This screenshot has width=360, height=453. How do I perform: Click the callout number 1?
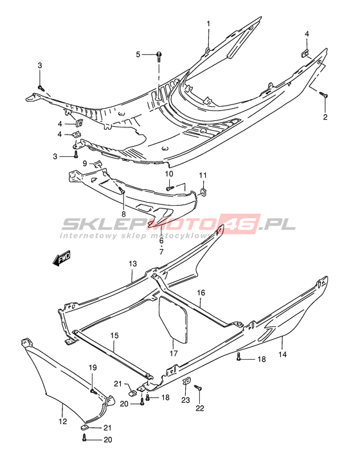[x=208, y=24]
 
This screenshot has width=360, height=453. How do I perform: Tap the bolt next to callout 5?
[x=159, y=57]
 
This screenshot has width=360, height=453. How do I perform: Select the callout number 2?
[x=325, y=117]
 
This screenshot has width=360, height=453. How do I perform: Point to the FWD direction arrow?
[x=61, y=258]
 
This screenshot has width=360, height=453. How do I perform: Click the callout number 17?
[x=174, y=353]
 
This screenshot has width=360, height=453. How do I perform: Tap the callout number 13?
[x=133, y=264]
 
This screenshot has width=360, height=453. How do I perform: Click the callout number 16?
[x=201, y=293]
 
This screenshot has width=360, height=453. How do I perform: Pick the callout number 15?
[x=114, y=336]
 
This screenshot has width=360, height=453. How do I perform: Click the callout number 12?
[x=63, y=421]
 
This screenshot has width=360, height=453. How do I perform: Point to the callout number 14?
[x=283, y=354]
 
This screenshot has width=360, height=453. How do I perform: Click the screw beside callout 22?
[x=198, y=388]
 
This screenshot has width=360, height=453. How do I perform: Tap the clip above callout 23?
[x=187, y=382]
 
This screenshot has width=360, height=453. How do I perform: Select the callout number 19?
[x=93, y=368]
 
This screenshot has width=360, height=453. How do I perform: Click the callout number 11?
[x=203, y=176]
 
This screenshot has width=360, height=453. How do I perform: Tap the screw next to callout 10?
[x=170, y=189]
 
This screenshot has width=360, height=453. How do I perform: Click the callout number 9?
[x=85, y=163]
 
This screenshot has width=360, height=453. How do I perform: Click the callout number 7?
[x=161, y=252]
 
